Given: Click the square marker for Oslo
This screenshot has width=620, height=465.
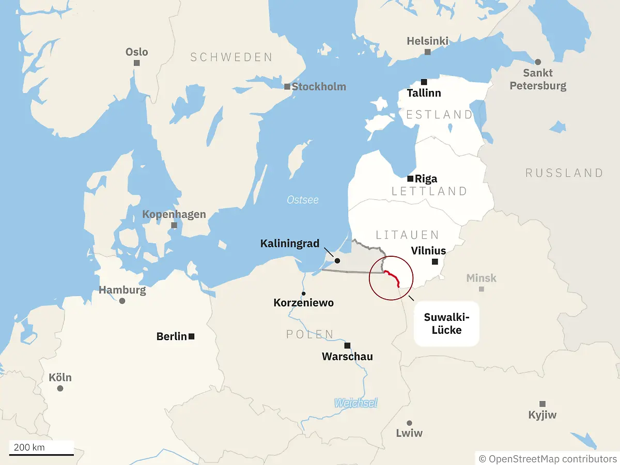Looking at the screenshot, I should click(137, 63).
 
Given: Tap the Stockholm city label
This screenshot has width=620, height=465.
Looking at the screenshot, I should click(319, 87).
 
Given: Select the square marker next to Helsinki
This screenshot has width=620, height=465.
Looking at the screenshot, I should click(428, 52).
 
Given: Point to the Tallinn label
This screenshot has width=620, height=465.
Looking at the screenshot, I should click(424, 94).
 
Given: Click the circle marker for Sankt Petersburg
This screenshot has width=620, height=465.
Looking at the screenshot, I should click(538, 62).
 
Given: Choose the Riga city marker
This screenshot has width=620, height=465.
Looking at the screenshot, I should click(410, 179).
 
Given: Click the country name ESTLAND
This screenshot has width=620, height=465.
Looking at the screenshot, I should click(439, 115).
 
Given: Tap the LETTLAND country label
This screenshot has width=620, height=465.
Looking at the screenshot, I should click(429, 191).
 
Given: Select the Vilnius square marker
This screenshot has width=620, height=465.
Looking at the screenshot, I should click(435, 262).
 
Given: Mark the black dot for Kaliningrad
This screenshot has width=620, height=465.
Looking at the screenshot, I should click(337, 261).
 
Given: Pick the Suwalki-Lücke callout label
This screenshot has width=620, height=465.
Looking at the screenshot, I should click(446, 323).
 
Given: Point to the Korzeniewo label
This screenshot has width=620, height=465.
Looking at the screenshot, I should click(303, 303).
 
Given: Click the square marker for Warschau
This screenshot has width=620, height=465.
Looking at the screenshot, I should click(348, 345).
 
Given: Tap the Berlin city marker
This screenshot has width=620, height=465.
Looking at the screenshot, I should click(192, 336).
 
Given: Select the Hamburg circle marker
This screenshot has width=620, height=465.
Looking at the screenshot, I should click(122, 301).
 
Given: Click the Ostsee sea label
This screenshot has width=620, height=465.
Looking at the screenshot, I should click(303, 200).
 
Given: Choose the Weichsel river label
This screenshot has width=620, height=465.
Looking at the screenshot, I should click(355, 403).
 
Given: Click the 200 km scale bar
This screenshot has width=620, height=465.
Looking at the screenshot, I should click(41, 455).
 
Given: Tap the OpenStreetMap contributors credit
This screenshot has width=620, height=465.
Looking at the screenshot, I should click(548, 459).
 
